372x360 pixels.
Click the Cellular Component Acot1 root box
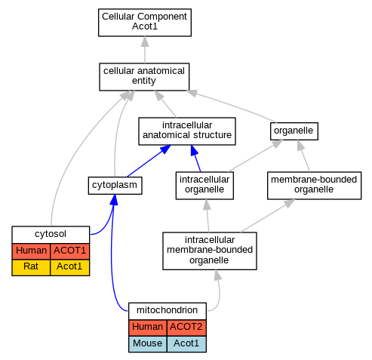pyautogui.click(x=145, y=23)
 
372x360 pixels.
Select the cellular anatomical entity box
pyautogui.click(x=144, y=77)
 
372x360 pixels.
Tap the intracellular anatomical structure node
pyautogui.click(x=187, y=131)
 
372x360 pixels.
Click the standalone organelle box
pyautogui.click(x=294, y=131)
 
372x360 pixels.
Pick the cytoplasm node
pyautogui.click(x=115, y=186)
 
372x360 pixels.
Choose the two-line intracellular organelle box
pyautogui.click(x=204, y=186)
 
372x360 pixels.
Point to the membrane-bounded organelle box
pyautogui.click(x=314, y=186)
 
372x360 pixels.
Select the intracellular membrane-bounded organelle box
pyautogui.click(x=210, y=251)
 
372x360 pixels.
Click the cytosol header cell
pyautogui.click(x=51, y=235)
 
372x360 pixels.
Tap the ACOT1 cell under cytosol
pyautogui.click(x=70, y=251)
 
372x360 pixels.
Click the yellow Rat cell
pyautogui.click(x=31, y=267)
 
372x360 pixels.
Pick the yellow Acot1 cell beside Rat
pyautogui.click(x=70, y=267)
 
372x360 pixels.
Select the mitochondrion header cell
pyautogui.click(x=168, y=311)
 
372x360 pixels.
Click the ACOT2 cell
pyautogui.click(x=186, y=328)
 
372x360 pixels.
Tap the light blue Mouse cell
pyautogui.click(x=147, y=344)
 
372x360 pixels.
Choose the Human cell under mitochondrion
pyautogui.click(x=147, y=328)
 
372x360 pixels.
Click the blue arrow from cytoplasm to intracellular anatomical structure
pyautogui.click(x=149, y=161)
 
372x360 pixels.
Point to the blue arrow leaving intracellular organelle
pyautogui.click(x=195, y=158)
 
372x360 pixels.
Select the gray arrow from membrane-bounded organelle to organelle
pyautogui.click(x=303, y=156)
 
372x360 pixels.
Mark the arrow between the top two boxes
pyautogui.click(x=145, y=50)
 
